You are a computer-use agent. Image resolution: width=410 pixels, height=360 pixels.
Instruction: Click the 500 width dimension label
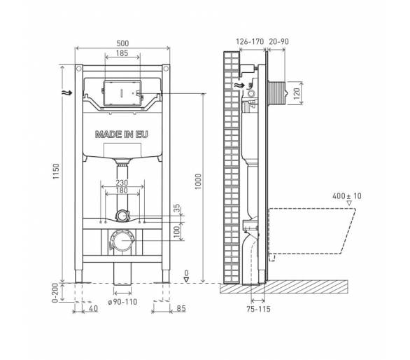point(122,43)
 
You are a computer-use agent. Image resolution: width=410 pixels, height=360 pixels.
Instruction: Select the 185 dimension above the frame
point(122,53)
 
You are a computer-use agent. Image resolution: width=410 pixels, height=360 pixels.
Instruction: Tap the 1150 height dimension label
point(56,171)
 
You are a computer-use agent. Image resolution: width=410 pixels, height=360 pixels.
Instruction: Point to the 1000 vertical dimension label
point(198,181)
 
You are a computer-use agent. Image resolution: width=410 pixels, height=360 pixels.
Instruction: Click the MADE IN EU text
point(122,134)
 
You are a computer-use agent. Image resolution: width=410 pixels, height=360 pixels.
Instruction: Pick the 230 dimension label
point(122,183)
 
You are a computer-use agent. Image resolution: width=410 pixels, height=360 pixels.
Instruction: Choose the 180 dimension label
point(122,191)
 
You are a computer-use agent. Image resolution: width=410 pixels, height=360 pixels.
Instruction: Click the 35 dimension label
point(177,208)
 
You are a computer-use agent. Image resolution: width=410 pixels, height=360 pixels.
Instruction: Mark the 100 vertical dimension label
point(177,232)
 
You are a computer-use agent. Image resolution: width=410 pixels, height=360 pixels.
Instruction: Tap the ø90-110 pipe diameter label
point(122,302)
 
